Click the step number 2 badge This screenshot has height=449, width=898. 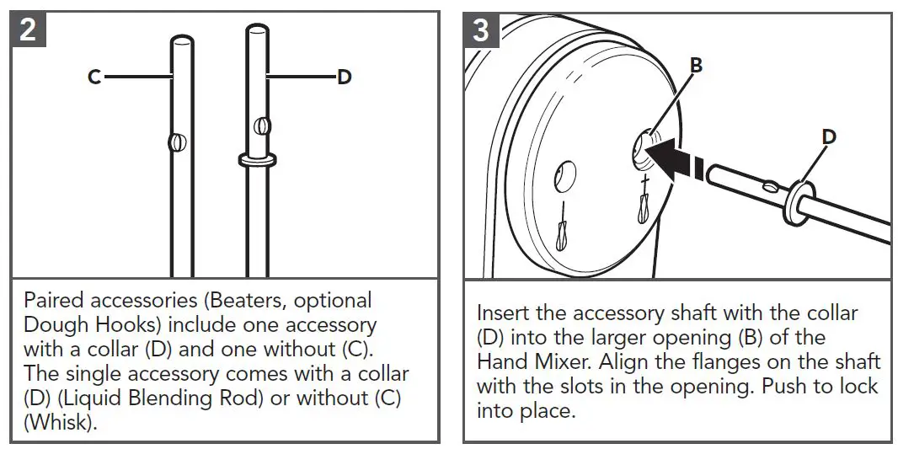[28, 30]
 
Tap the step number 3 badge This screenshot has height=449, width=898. [481, 30]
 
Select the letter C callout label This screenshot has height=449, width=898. [94, 77]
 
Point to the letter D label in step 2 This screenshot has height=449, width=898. [344, 77]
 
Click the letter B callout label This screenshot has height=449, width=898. [696, 66]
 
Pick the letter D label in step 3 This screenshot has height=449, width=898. [829, 136]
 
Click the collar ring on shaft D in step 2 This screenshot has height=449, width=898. [258, 158]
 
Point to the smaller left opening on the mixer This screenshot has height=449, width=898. [562, 177]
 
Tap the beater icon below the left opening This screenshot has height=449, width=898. [562, 233]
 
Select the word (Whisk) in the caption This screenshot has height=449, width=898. [61, 422]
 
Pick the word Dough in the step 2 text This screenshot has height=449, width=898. [55, 324]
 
